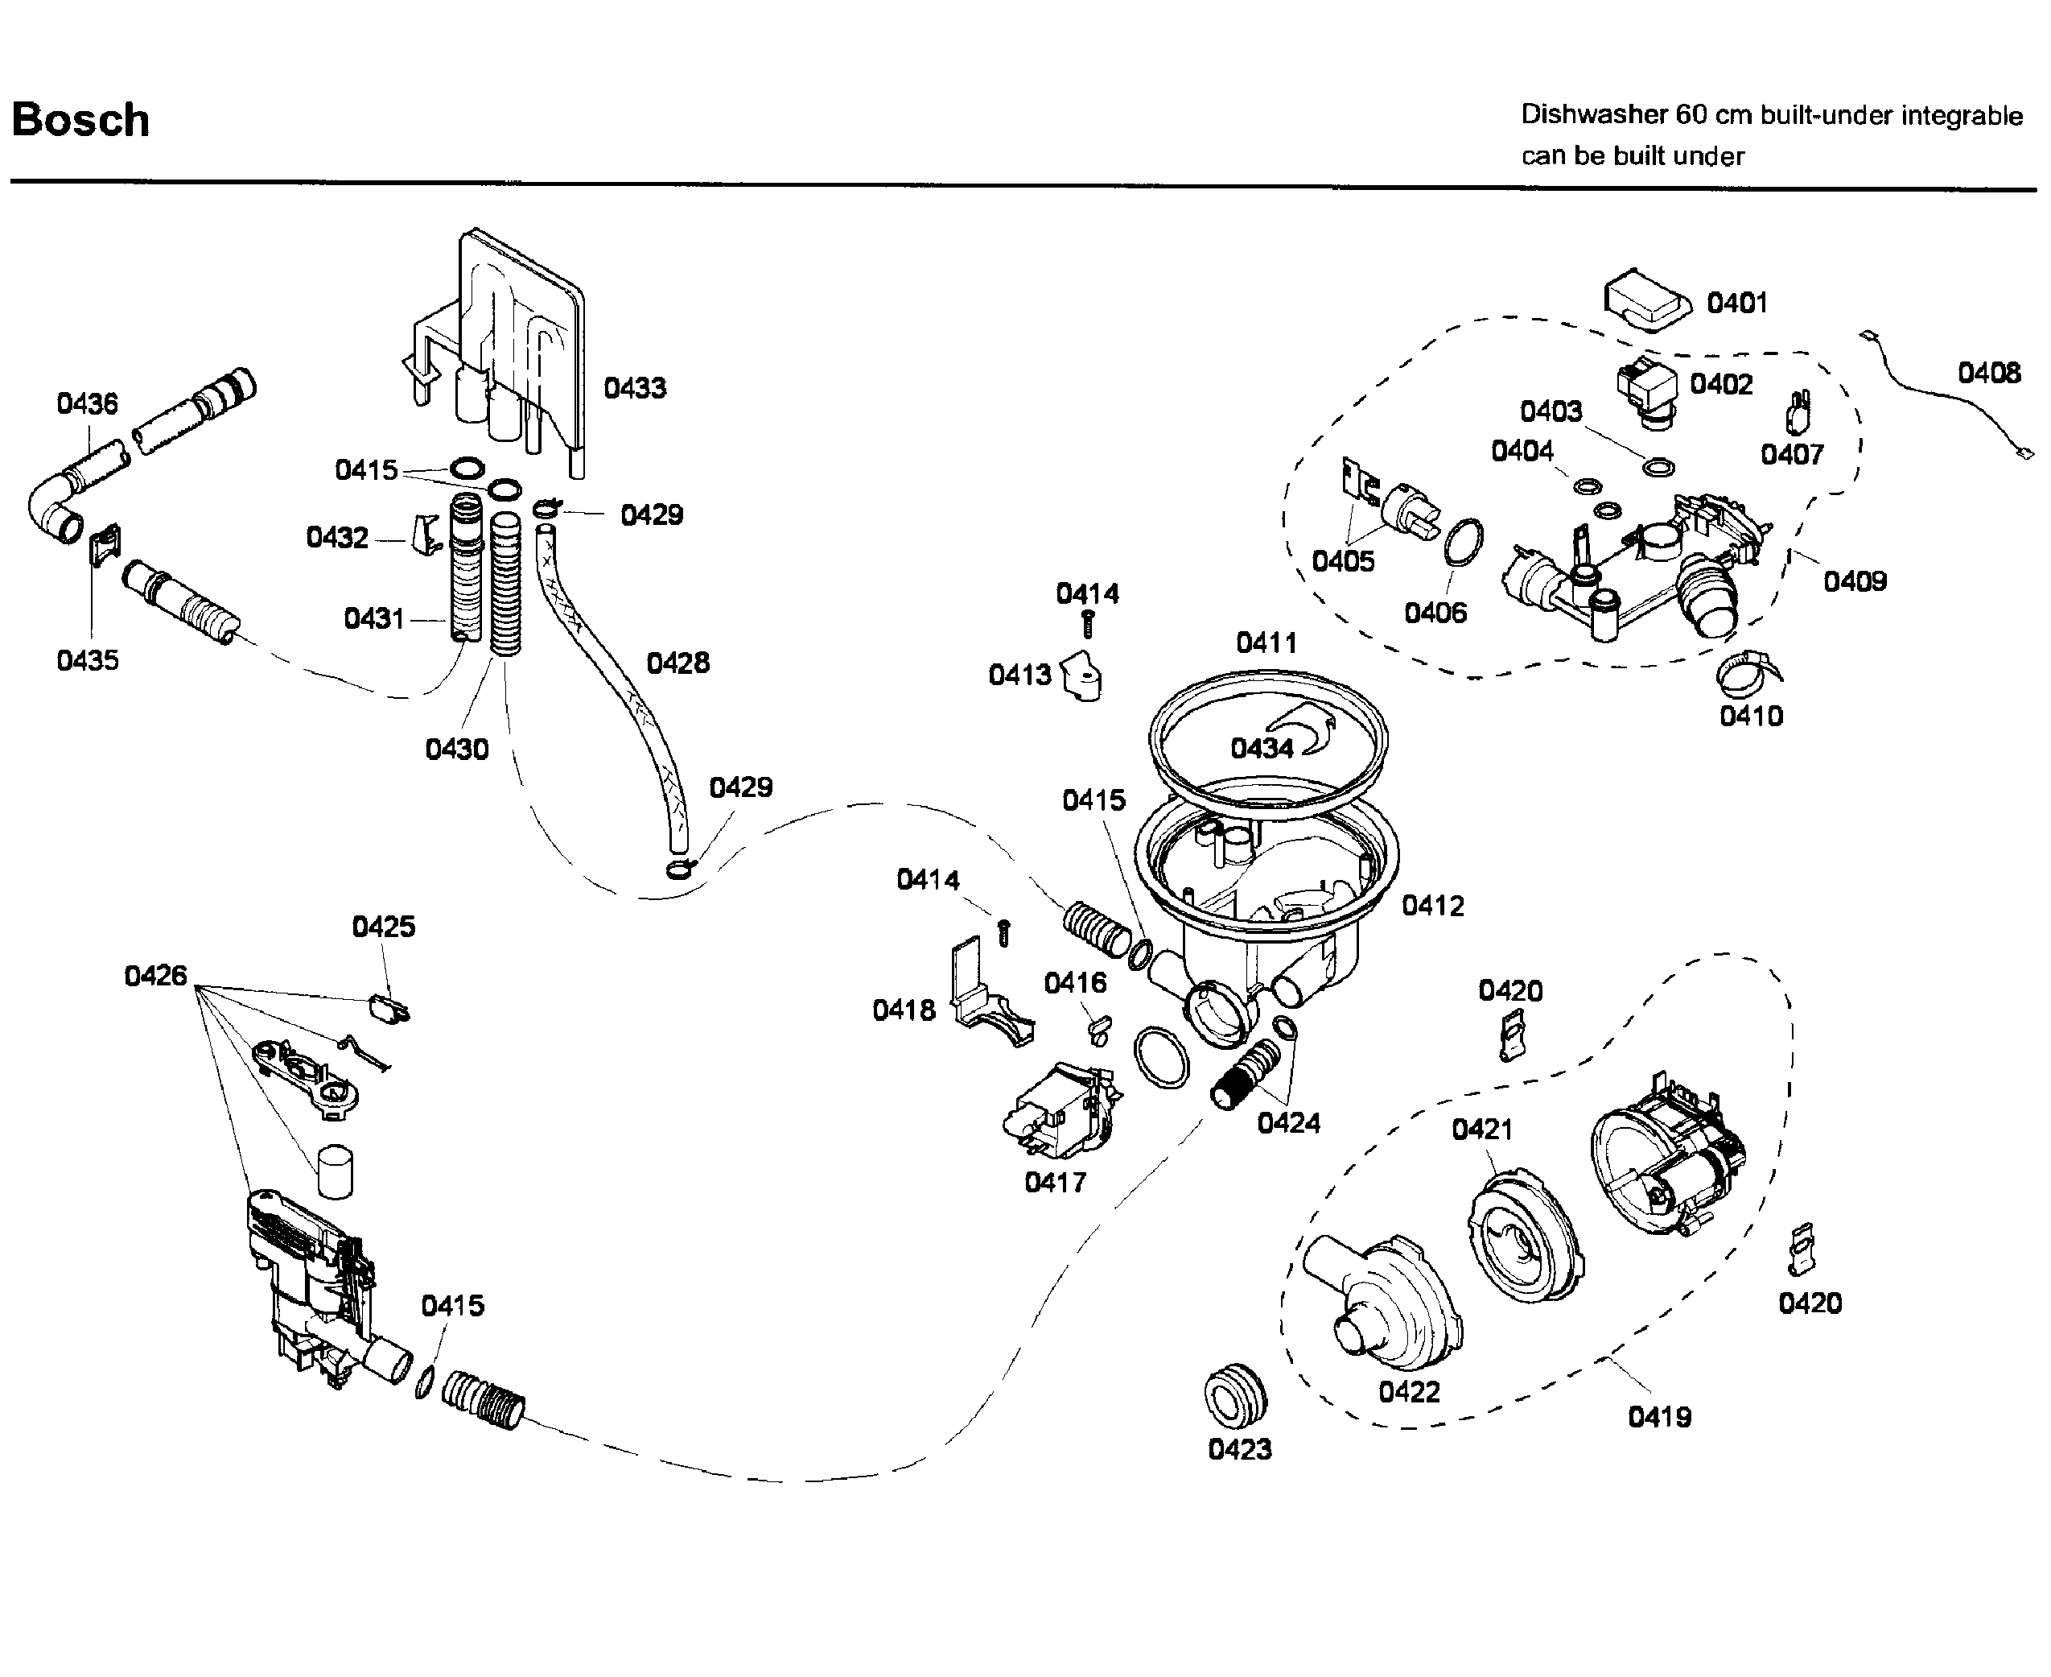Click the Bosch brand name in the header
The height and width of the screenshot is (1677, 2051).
click(x=81, y=121)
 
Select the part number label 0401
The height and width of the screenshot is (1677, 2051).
click(x=1737, y=304)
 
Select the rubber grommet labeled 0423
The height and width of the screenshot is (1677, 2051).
click(x=1235, y=1394)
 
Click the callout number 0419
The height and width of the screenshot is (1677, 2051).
click(x=1660, y=1417)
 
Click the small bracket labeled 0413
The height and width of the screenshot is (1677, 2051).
click(x=1082, y=675)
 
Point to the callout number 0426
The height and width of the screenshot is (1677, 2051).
click(x=155, y=976)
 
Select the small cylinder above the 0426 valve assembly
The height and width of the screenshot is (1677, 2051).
click(x=335, y=1171)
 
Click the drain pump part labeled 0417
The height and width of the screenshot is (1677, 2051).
click(x=1062, y=1112)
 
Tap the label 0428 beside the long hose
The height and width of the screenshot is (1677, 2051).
click(x=677, y=663)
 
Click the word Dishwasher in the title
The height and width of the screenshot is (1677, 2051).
click(x=1594, y=115)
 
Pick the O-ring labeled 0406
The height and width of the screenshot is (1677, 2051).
click(x=1464, y=542)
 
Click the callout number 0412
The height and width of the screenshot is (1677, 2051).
click(x=1433, y=906)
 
